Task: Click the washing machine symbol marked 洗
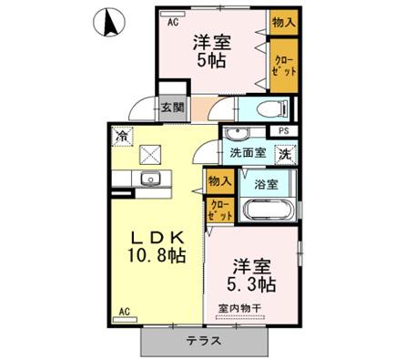pyautogui.click(x=284, y=153)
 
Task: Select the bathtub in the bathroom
pyautogui.click(x=264, y=211)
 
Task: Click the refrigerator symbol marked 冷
pyautogui.click(x=122, y=137)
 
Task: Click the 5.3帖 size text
pyautogui.click(x=249, y=283)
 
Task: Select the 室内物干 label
pyautogui.click(x=238, y=308)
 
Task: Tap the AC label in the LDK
pyautogui.click(x=124, y=312)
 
